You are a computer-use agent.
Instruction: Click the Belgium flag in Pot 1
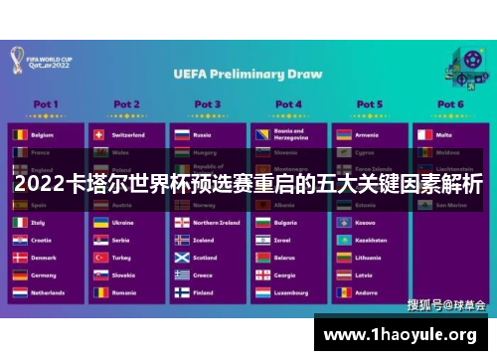pos(20,132)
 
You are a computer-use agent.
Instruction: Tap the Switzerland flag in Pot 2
pos(100,132)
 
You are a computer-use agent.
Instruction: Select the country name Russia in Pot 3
pos(202,132)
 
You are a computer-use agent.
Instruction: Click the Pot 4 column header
pos(288,103)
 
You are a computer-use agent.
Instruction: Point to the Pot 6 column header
pos(450,103)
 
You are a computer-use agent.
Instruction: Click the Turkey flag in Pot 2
pos(100,258)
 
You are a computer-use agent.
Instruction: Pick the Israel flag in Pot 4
pos(262,240)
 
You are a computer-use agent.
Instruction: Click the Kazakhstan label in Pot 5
pos(372,240)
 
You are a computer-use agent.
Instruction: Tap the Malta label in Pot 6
pos(443,132)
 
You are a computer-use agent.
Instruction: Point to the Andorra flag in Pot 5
pos(343,293)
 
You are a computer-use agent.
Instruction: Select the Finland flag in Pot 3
pos(182,293)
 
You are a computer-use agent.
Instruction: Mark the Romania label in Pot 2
pos(124,293)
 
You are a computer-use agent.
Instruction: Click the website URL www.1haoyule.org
pos(406,333)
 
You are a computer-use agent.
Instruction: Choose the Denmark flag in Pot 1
pos(20,258)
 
